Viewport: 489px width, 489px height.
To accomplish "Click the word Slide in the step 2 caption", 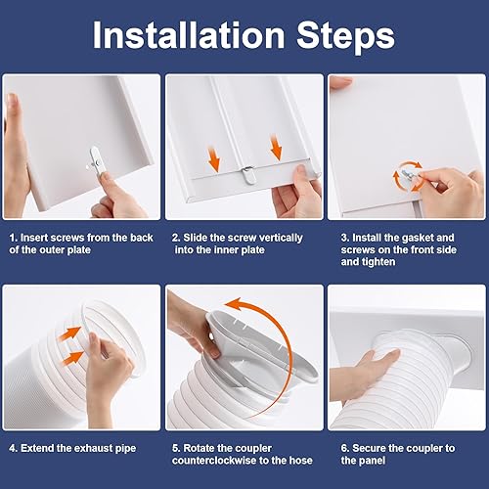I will [x=196, y=237].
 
